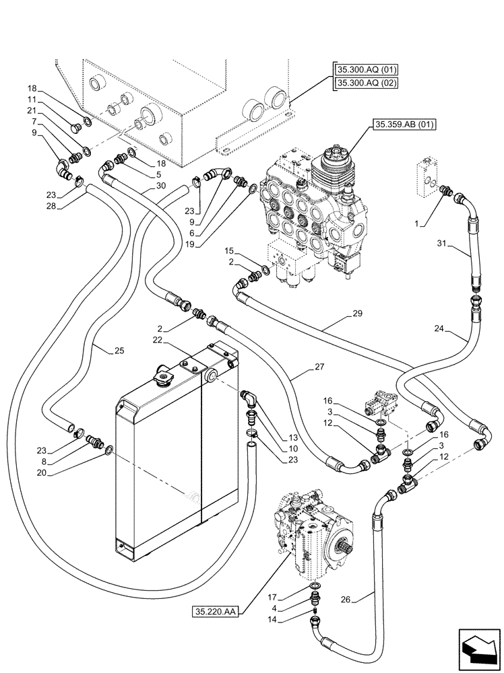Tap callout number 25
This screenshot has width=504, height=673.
(119, 351)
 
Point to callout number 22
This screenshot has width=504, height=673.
(156, 341)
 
